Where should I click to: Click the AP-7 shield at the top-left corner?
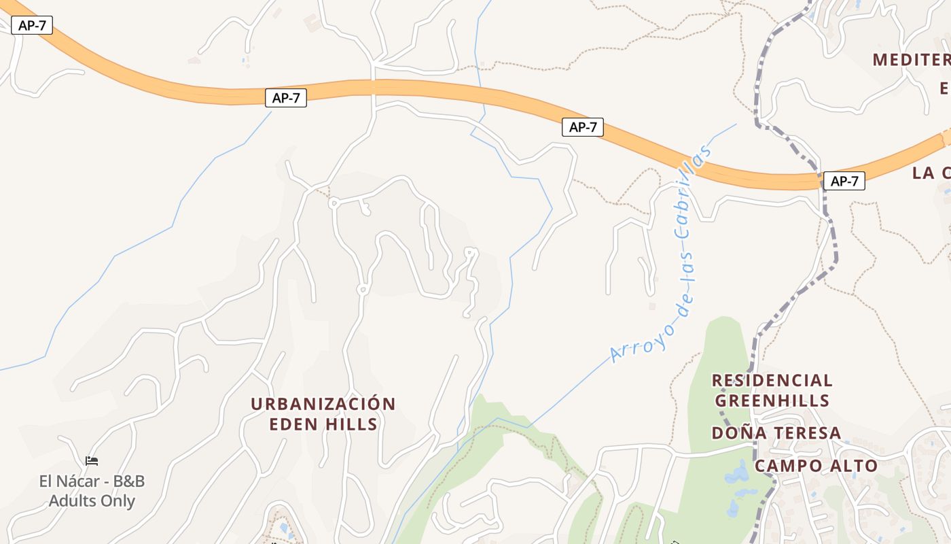pyautogui.click(x=31, y=26)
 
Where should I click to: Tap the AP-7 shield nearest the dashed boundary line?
pyautogui.click(x=844, y=181)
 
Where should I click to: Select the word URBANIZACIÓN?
pyautogui.click(x=323, y=404)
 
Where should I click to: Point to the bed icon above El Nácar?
pyautogui.click(x=92, y=461)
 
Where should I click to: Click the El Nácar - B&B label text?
pyautogui.click(x=92, y=481)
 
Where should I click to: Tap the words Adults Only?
pyautogui.click(x=92, y=501)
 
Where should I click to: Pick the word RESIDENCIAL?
pyautogui.click(x=772, y=380)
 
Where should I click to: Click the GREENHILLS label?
pyautogui.click(x=772, y=400)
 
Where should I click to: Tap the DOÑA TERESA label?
pyautogui.click(x=776, y=433)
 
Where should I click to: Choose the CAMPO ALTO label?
pyautogui.click(x=815, y=466)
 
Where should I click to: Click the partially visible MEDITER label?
pyautogui.click(x=910, y=60)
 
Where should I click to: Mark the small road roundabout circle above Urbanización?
pyautogui.click(x=362, y=290)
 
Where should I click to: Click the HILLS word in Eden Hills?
pyautogui.click(x=351, y=424)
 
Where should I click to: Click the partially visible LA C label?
pyautogui.click(x=931, y=173)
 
